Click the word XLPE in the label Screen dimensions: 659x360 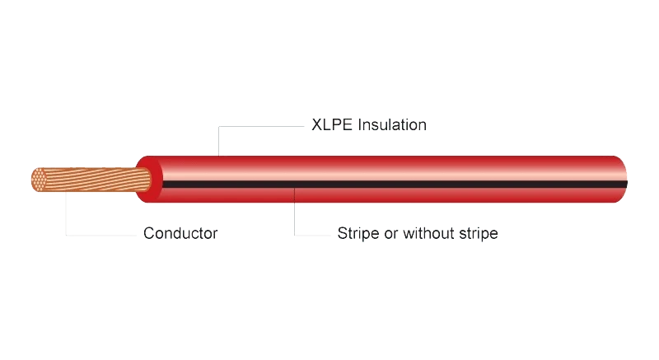click(332, 124)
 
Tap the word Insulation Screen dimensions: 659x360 click(392, 124)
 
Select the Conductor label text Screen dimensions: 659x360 click(180, 233)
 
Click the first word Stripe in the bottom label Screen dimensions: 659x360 click(358, 233)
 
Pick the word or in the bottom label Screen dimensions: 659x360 click(390, 235)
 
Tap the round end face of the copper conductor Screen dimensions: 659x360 click(39, 180)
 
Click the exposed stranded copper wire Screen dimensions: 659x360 click(91, 180)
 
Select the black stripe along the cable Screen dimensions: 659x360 click(395, 185)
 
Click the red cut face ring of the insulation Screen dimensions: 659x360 click(150, 180)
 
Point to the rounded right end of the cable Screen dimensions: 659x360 click(621, 180)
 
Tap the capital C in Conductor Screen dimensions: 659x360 click(149, 233)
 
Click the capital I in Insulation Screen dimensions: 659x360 click(360, 124)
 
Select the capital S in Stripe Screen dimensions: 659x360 click(343, 233)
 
